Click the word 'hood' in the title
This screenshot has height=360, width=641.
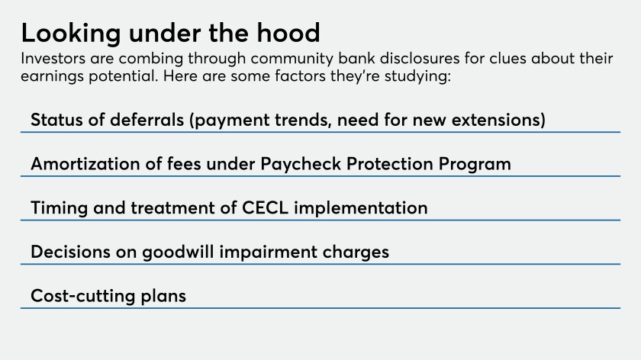click(x=288, y=33)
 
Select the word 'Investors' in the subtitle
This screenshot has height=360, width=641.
click(x=53, y=59)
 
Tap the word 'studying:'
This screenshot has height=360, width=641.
click(x=417, y=77)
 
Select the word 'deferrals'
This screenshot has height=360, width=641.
click(x=147, y=120)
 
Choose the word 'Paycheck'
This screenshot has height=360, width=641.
click(x=301, y=165)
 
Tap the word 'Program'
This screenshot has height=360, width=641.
click(x=475, y=165)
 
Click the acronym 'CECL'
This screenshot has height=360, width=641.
click(x=266, y=208)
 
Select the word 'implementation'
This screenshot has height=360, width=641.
click(x=361, y=208)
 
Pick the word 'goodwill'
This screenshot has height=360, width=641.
click(x=178, y=252)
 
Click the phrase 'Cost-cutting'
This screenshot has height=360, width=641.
click(x=82, y=296)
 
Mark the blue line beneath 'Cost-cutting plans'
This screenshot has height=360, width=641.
click(x=320, y=308)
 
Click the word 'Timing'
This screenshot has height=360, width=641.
click(x=60, y=209)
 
